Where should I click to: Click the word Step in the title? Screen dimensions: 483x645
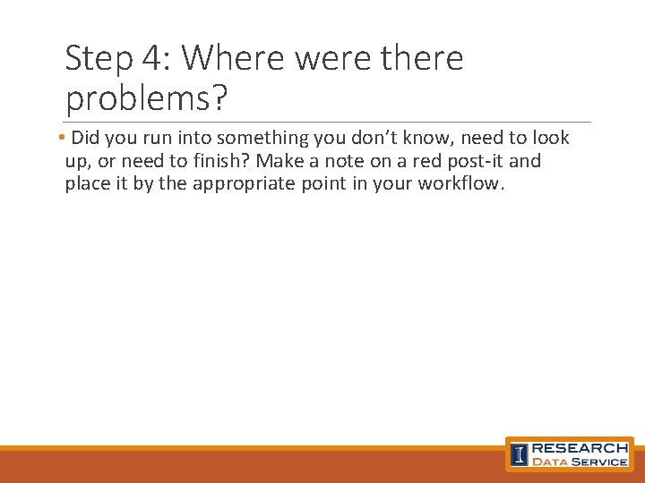[x=98, y=59]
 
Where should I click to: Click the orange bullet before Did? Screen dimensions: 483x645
[x=58, y=139]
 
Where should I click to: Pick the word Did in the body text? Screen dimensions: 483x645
[x=87, y=138]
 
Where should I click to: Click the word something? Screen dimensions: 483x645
[x=261, y=138]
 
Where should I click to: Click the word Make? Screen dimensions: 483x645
[x=279, y=161]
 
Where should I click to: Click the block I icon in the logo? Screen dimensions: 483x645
[x=519, y=454]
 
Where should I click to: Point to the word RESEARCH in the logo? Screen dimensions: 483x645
[x=580, y=447]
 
